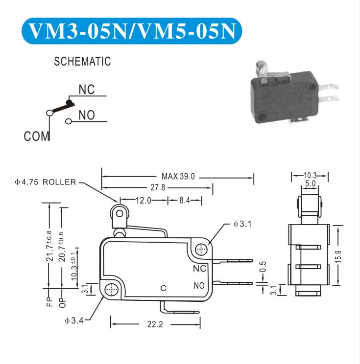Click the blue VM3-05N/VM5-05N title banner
[x=132, y=31]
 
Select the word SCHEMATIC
[x=82, y=62]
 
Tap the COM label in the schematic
[x=36, y=136]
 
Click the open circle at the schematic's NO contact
[x=69, y=121]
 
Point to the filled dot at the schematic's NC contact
[x=69, y=102]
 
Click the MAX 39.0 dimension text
[x=178, y=177]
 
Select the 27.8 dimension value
[x=158, y=187]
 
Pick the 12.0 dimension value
[x=144, y=200]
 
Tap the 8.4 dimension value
[x=185, y=200]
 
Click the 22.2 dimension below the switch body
[x=155, y=324]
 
